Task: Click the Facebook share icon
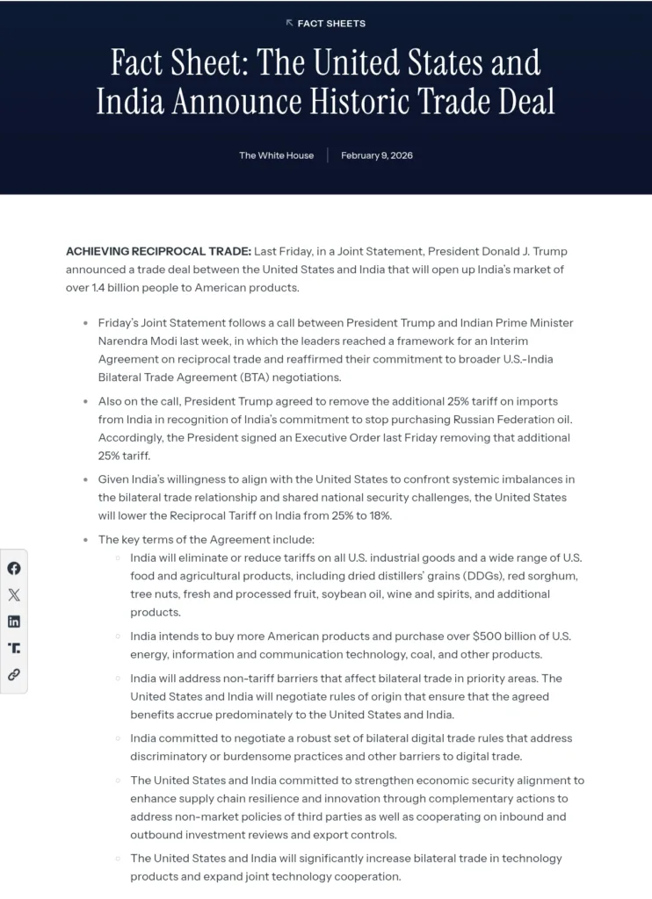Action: [14, 568]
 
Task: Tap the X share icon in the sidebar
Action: [14, 595]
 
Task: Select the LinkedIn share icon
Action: [14, 622]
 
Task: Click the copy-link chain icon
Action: [14, 675]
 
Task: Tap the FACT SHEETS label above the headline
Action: [331, 24]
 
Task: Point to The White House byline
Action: [276, 155]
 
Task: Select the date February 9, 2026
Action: [377, 155]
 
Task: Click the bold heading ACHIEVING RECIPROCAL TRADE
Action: [158, 251]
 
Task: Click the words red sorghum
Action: [549, 576]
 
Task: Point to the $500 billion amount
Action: [511, 636]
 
